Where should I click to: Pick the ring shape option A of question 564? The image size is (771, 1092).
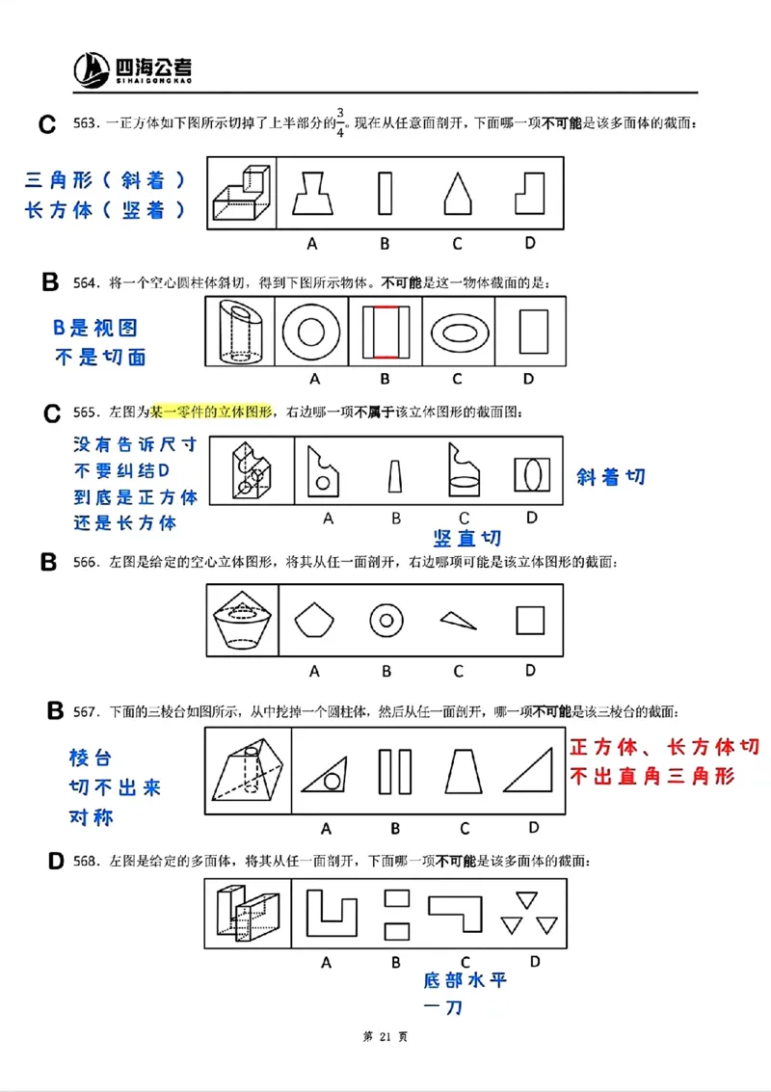coord(310,333)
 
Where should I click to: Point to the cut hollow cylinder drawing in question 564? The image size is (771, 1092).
coord(239,333)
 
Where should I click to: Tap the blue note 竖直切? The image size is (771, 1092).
coord(466,538)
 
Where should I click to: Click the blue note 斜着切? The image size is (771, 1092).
coord(611,476)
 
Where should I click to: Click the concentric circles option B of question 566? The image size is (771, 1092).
coord(385,621)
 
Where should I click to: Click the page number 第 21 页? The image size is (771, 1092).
coord(385,1036)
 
